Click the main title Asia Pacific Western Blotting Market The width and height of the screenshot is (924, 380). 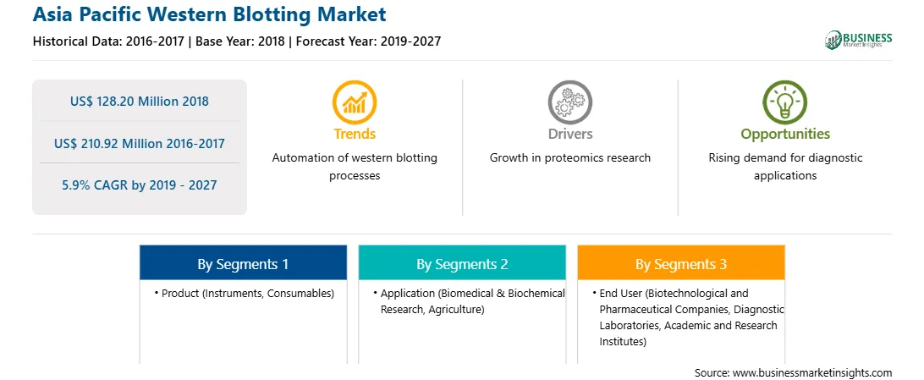pyautogui.click(x=209, y=14)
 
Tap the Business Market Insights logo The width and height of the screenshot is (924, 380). pyautogui.click(x=858, y=40)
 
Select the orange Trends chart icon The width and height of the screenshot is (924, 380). pyautogui.click(x=355, y=102)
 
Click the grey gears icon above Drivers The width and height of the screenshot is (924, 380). pyautogui.click(x=569, y=102)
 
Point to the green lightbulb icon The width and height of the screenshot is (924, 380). pyautogui.click(x=785, y=102)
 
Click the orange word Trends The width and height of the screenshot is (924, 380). pyautogui.click(x=355, y=135)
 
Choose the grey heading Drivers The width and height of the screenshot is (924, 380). pyautogui.click(x=570, y=135)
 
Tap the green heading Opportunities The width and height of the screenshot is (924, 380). pyautogui.click(x=785, y=135)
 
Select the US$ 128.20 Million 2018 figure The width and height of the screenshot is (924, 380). pyautogui.click(x=140, y=102)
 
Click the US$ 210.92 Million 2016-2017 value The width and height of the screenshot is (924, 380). pyautogui.click(x=140, y=143)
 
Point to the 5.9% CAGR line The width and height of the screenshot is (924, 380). pyautogui.click(x=140, y=185)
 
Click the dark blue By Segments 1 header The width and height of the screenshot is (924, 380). pyautogui.click(x=243, y=264)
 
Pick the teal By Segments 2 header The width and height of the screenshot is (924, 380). pyautogui.click(x=462, y=264)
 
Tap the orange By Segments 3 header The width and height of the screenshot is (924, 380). pyautogui.click(x=681, y=264)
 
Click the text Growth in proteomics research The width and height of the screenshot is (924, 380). pyautogui.click(x=570, y=158)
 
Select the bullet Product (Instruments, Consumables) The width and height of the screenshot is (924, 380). pyautogui.click(x=245, y=294)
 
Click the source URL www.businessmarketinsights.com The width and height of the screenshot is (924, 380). pyautogui.click(x=812, y=372)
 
